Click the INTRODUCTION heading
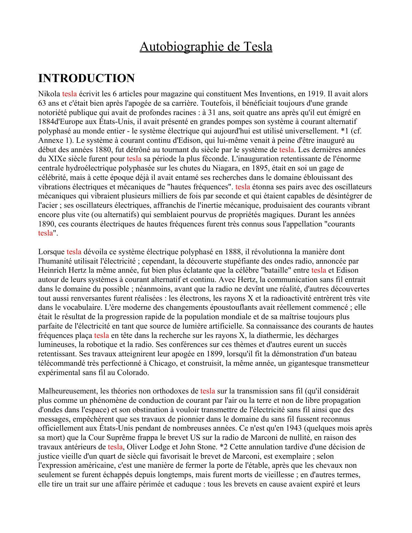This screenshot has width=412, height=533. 86,78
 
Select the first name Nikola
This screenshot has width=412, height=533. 49,94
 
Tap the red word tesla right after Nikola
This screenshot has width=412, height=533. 69,94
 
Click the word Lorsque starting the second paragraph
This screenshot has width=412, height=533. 51,252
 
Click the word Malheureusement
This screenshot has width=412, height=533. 68,392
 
